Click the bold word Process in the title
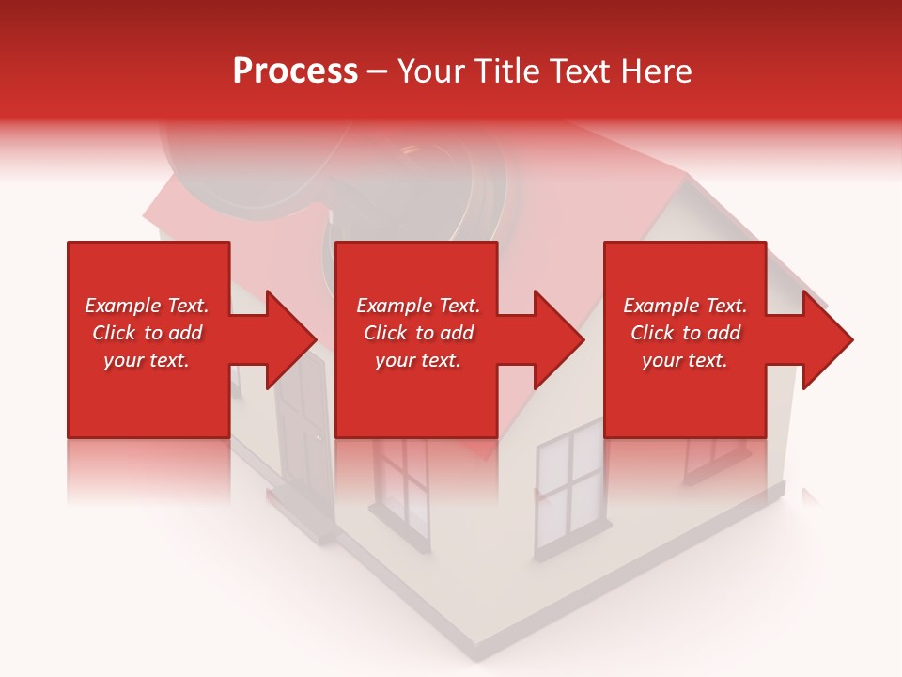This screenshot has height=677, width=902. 295,71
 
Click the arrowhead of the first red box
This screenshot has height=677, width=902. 292,339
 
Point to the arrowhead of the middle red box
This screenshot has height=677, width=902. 560,339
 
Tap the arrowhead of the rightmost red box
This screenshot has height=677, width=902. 828,339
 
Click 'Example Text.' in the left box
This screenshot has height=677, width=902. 147,306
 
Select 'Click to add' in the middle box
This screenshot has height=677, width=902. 418,333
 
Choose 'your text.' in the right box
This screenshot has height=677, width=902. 685,360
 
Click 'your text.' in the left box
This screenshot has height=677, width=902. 147,360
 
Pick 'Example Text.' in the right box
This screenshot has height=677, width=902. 685,306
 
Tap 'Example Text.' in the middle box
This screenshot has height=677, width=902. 418,306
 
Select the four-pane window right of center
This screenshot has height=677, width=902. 571,489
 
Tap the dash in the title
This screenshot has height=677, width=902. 377,71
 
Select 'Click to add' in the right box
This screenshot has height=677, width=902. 685,333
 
